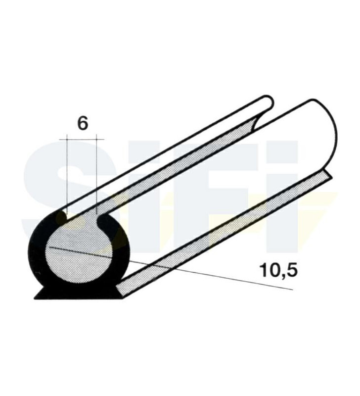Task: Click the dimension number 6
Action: coord(83,123)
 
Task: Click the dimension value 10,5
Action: coord(273,270)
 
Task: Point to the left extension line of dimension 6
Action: coord(66,173)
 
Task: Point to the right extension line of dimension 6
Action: coord(96,173)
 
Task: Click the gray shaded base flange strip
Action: coord(223,233)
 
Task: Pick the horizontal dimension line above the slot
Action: coord(82,140)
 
